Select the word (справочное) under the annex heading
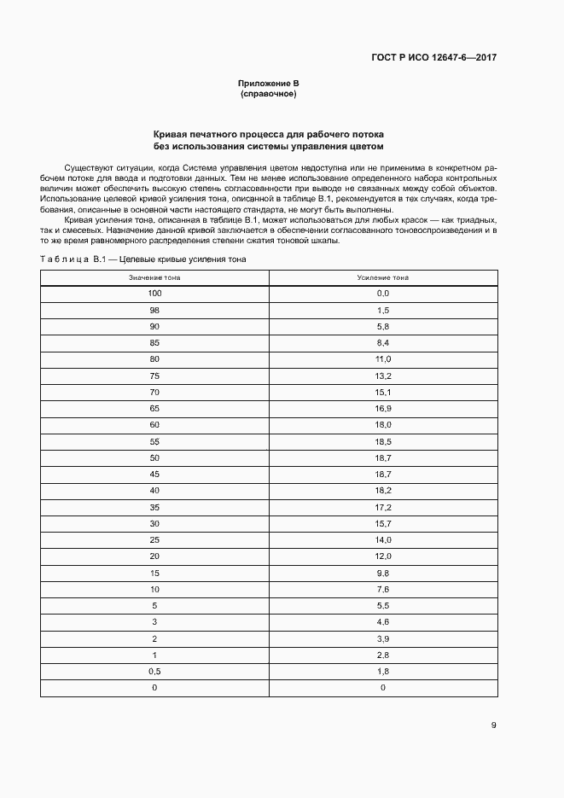[268, 94]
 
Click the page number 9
[493, 725]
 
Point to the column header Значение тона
[154, 278]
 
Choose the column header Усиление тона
[382, 278]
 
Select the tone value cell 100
[154, 294]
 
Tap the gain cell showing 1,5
[382, 311]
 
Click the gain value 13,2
[382, 376]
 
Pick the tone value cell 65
[154, 409]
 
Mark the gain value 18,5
[382, 441]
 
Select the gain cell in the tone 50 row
[382, 457]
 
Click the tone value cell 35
[154, 507]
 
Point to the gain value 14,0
[382, 539]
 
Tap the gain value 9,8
[382, 573]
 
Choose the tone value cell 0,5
[154, 671]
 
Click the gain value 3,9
[382, 638]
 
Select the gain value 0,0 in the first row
[382, 294]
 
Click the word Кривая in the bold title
[171, 135]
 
